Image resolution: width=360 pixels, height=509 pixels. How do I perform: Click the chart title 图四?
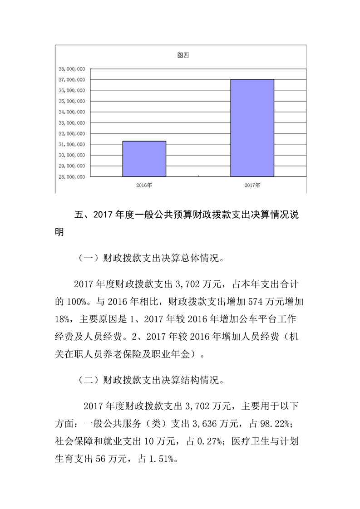pos(182,56)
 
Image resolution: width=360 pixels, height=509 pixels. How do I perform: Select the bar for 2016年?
pos(144,159)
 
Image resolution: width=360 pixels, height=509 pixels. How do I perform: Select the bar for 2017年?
pos(252,128)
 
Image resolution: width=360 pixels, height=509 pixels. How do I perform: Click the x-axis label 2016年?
pos(144,185)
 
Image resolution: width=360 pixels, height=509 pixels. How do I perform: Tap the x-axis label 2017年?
pos(252,185)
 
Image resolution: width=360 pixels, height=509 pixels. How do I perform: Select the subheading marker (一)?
pos(86,259)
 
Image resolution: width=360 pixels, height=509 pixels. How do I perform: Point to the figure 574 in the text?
pos(232,301)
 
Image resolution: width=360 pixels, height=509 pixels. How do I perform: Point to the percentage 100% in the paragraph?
pos(74,301)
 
